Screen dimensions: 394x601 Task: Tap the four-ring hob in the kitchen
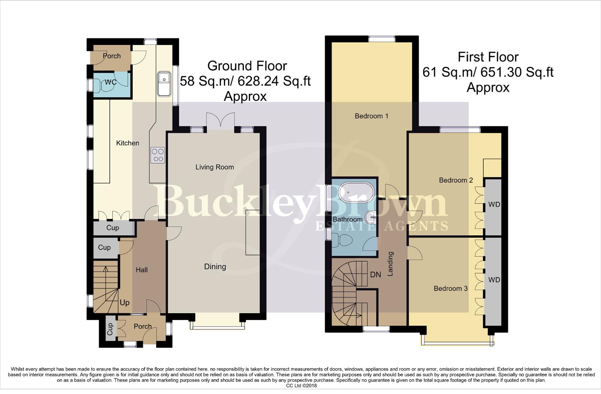[x=158, y=155]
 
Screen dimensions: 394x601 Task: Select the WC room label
[x=110, y=82]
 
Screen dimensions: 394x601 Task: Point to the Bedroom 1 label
[x=371, y=116]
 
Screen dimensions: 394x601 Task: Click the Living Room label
[x=215, y=167]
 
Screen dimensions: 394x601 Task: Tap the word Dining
[x=215, y=267]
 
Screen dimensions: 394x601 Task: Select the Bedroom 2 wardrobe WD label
[x=494, y=205]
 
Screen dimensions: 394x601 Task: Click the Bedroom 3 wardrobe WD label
[x=494, y=280]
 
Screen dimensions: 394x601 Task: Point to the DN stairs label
[x=375, y=275]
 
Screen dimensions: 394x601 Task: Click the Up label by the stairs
[x=124, y=303]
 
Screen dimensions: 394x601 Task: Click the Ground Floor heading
[x=247, y=66]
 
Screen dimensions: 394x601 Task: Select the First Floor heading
[x=488, y=57]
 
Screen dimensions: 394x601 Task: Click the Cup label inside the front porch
[x=110, y=329]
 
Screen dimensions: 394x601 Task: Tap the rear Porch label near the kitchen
[x=112, y=56]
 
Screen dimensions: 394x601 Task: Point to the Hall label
[x=141, y=270]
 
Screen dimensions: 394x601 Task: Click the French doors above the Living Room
[x=220, y=120]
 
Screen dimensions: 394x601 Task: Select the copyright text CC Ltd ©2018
[x=301, y=386]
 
